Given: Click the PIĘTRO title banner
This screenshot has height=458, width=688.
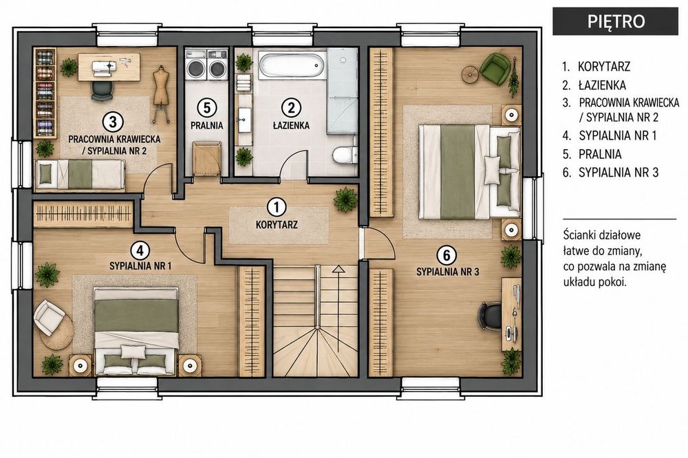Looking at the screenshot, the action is click(x=616, y=21).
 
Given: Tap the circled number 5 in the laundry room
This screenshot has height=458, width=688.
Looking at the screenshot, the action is click(x=206, y=107).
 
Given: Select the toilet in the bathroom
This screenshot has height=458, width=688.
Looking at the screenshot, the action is click(x=344, y=151).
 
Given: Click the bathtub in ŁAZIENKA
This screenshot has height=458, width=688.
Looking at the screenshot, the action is click(x=292, y=65).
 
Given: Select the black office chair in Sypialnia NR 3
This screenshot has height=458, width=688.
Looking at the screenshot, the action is click(x=488, y=315).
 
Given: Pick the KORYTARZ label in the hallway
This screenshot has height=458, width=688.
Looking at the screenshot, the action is click(x=277, y=225).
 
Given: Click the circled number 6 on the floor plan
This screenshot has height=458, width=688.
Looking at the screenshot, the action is click(x=447, y=255).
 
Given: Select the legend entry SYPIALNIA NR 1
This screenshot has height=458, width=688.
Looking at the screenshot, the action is click(x=610, y=135).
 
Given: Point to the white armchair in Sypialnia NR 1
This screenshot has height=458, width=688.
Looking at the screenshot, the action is click(x=49, y=317).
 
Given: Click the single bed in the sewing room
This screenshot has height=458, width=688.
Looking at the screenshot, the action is click(x=80, y=174).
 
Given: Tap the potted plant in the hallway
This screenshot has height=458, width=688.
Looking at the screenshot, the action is click(x=346, y=199).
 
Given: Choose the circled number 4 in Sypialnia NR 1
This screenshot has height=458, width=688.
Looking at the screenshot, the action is click(x=140, y=251).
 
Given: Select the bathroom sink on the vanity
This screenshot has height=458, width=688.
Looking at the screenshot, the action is click(x=243, y=120).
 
